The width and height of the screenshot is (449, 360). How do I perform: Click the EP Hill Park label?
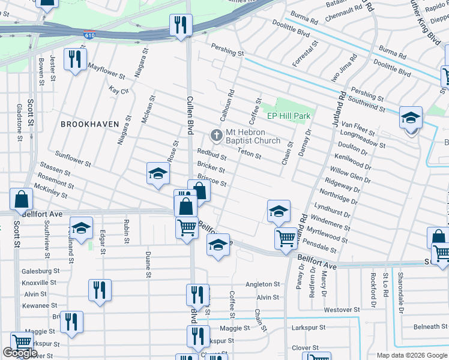[x=288, y=115]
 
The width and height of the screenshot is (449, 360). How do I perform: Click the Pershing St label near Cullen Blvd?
[x=227, y=53]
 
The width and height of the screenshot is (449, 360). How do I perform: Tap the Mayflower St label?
[x=106, y=72]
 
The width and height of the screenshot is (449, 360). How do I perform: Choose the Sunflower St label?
[x=73, y=158]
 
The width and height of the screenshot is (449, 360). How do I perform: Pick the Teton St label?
[x=250, y=154]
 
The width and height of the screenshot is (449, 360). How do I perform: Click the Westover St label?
[x=342, y=310]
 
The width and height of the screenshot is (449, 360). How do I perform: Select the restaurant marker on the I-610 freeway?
[x=178, y=25]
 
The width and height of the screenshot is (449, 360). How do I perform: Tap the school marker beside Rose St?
[x=157, y=175]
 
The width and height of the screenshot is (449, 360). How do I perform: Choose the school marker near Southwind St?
[x=411, y=118]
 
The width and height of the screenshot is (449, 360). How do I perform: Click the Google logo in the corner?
[x=20, y=353]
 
